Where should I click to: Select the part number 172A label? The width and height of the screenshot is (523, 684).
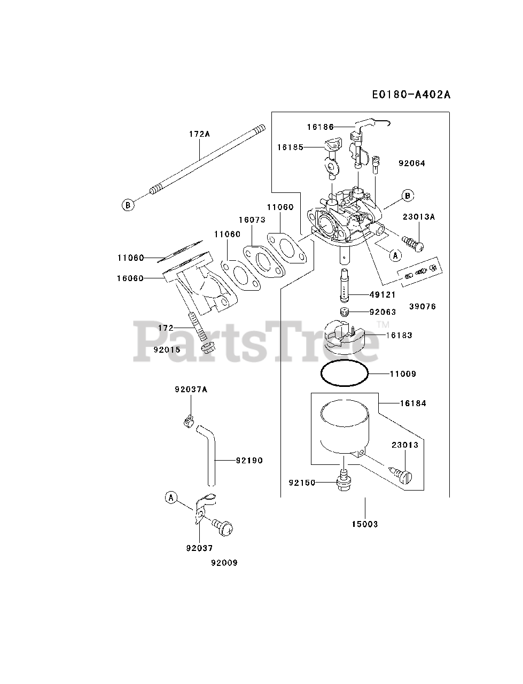coord(199,134)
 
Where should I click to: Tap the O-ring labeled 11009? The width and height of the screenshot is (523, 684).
coord(344,374)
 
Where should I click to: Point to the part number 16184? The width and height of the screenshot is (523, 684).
coord(413,403)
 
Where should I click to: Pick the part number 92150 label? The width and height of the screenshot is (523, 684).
coord(302,482)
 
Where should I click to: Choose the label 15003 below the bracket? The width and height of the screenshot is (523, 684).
coord(364,524)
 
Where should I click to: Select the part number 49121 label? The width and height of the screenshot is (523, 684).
coord(384,294)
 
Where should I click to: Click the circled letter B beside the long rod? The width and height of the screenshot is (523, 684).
coord(128,204)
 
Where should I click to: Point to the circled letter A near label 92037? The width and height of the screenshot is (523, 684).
coord(171,498)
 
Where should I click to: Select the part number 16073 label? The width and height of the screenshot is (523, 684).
coord(252,220)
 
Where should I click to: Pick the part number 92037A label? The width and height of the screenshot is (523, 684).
coord(191,390)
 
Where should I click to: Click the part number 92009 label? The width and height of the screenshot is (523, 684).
coord(224,563)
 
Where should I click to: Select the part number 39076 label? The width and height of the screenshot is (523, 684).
coord(423,307)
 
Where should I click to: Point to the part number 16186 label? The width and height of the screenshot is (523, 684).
coord(320,127)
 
